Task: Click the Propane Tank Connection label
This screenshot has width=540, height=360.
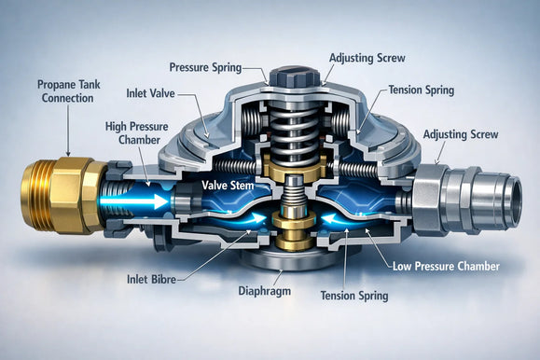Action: click(68, 91)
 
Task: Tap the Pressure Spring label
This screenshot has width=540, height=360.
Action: click(205, 67)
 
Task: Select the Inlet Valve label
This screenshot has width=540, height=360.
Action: click(150, 93)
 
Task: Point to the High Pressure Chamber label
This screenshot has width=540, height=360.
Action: click(137, 133)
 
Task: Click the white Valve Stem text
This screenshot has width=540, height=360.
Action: click(228, 186)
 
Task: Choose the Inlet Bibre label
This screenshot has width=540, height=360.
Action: click(151, 279)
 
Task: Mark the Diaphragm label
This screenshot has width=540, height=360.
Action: click(265, 291)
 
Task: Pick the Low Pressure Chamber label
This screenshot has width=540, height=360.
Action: click(446, 267)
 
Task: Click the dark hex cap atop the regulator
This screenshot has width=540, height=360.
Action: click(295, 77)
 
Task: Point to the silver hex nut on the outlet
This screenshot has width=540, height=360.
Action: click(429, 201)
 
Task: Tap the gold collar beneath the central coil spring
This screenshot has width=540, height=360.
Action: click(295, 166)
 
